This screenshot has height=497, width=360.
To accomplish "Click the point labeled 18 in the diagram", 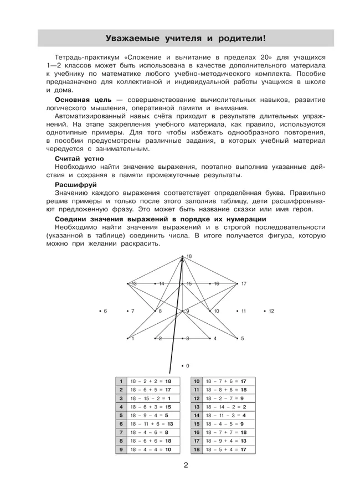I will coord(183,256).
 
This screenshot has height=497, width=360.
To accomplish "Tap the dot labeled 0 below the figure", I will coord(183,366).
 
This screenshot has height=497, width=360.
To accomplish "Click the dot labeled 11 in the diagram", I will coord(238,311).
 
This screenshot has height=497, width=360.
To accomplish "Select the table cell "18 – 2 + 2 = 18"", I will coord(151,381).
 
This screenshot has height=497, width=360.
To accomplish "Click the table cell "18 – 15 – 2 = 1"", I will coord(151,398).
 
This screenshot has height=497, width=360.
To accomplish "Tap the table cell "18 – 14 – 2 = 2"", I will coord(226,406).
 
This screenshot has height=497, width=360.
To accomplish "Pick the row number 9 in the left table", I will coord(121,449).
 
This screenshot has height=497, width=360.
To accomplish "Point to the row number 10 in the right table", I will coord(197,381).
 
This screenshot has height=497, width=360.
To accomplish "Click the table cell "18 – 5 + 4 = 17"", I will coord(226,449).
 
